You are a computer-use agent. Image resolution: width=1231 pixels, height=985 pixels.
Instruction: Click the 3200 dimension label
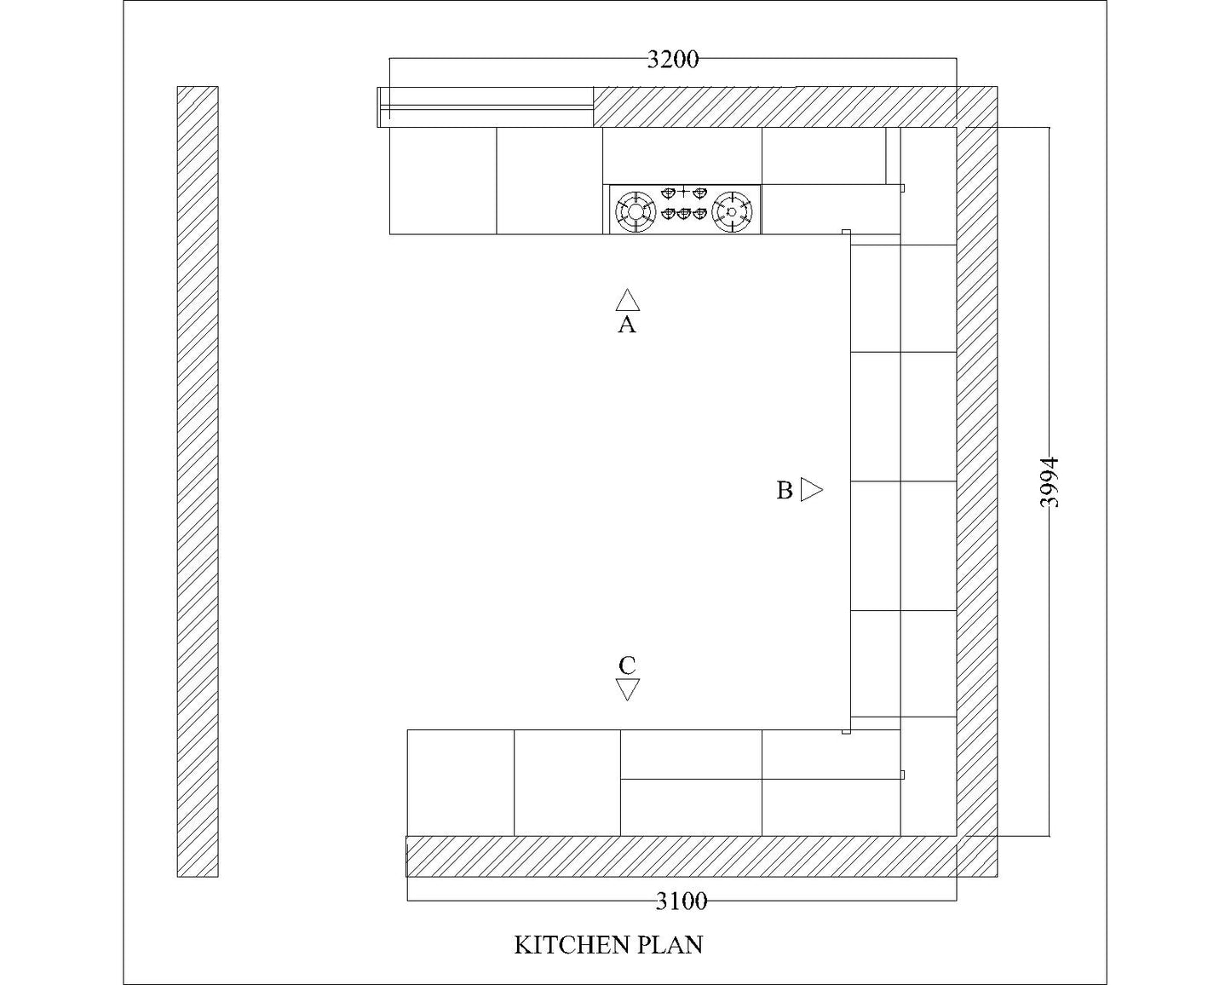[673, 60]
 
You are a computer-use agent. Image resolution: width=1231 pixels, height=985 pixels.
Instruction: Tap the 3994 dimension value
[1049, 482]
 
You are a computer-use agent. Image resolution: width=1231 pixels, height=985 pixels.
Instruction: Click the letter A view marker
[627, 325]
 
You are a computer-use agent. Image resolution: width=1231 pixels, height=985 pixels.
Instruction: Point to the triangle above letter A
[628, 300]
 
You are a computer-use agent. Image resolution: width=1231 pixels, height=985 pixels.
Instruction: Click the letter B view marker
[785, 491]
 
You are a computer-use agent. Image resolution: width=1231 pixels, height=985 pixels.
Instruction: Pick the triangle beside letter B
[812, 490]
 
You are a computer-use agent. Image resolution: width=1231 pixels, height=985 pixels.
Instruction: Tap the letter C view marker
[627, 665]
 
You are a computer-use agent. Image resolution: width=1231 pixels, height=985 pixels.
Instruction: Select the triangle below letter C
[628, 689]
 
